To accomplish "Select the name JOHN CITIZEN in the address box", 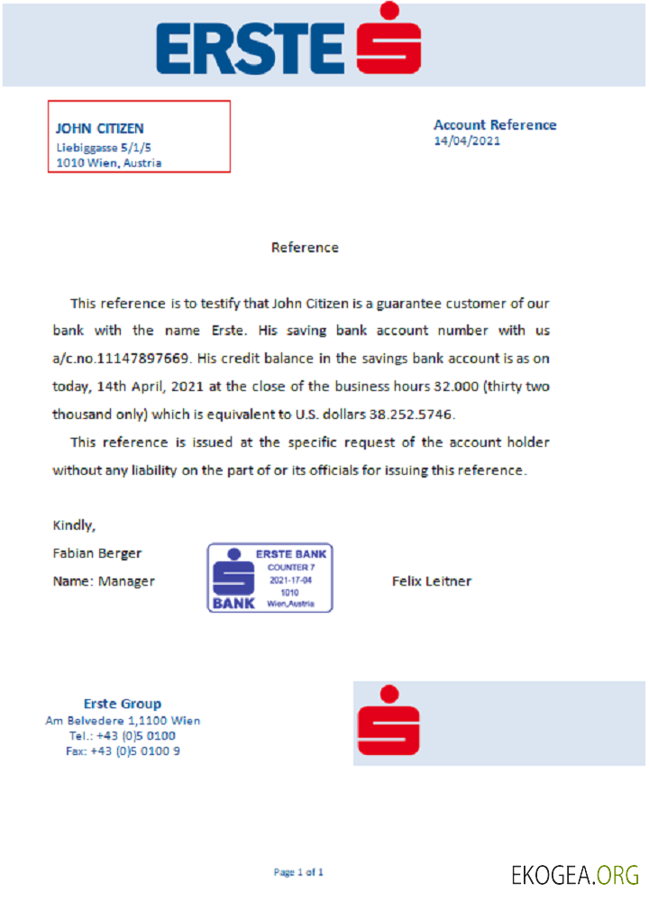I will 100,129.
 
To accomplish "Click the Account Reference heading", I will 495,125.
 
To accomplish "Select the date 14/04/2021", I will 467,141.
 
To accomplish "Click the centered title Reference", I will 305,247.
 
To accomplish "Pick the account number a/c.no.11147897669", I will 121,359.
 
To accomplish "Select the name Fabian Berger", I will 97,553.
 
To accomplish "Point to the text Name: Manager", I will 104,581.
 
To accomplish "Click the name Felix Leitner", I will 431,581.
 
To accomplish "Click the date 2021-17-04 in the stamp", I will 290,580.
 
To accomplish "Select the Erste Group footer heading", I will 123,704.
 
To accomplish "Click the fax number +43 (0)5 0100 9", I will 123,751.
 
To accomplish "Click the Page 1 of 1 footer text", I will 298,872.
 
